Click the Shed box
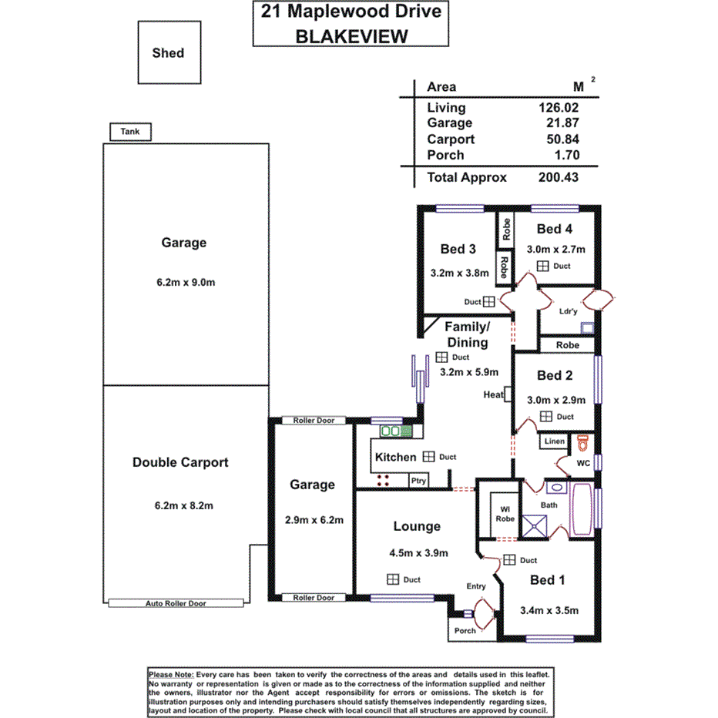tap(169, 52)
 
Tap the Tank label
tap(129, 133)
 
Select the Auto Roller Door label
tap(176, 603)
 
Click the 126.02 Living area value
tap(558, 108)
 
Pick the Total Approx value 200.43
tap(558, 177)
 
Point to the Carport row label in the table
tap(451, 139)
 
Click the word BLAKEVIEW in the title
tap(351, 35)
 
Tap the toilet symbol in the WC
tap(582, 444)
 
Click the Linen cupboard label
tap(554, 441)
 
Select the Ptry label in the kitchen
tap(418, 481)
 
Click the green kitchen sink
tap(392, 431)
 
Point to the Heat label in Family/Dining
tap(493, 395)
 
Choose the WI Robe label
tap(505, 514)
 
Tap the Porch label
tap(465, 631)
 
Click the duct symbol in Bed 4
tap(542, 266)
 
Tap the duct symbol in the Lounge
tap(393, 579)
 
